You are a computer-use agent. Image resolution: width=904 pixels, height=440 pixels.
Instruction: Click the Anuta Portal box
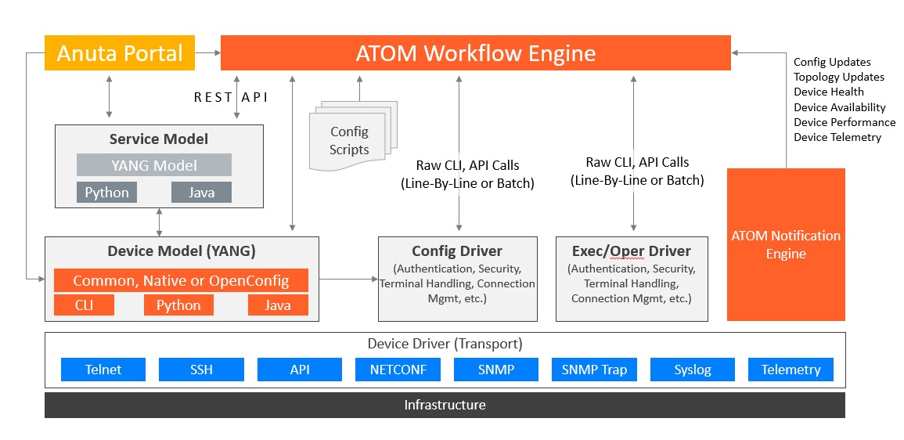(120, 53)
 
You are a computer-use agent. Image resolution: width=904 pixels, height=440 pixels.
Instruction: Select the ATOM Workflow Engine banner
(475, 53)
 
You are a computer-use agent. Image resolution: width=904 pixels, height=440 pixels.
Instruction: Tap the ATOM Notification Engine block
(786, 244)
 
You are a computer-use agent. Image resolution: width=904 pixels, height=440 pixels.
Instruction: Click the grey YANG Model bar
(154, 165)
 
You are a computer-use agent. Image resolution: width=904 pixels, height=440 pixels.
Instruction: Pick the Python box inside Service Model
(107, 193)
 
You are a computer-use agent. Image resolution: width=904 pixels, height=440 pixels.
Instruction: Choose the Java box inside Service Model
(202, 193)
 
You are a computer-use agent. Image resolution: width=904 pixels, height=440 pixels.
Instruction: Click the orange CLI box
(84, 305)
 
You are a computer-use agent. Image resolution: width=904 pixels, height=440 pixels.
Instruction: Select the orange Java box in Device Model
(278, 305)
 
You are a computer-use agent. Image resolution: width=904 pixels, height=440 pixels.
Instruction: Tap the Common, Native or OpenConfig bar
(181, 280)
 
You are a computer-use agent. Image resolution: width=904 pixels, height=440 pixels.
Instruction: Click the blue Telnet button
(103, 370)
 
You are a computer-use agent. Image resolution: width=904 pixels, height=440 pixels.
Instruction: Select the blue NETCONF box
(398, 370)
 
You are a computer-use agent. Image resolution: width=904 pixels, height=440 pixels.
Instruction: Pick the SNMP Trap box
(594, 370)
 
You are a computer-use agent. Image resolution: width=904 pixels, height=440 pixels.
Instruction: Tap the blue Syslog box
(693, 370)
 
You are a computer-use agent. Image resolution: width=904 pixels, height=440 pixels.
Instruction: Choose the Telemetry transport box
(791, 370)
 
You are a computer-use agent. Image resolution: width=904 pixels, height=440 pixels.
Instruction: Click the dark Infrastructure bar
(445, 405)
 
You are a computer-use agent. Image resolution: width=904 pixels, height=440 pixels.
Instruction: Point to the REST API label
(231, 97)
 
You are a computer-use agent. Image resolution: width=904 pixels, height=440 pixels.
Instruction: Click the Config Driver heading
(457, 251)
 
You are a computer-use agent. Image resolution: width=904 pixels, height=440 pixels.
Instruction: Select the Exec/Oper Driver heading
(632, 251)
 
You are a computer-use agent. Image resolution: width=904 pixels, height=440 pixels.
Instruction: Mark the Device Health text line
(829, 92)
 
